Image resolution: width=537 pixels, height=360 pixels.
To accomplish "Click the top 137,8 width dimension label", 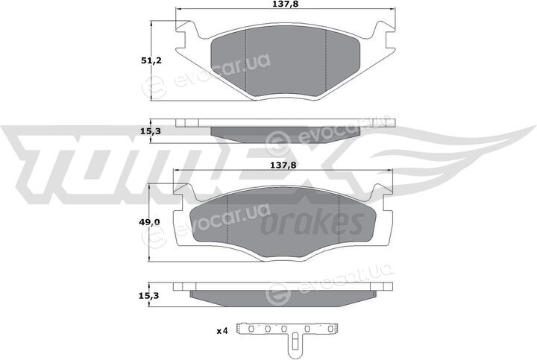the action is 283,4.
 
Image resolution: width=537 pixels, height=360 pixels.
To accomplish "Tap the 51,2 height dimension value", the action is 151,61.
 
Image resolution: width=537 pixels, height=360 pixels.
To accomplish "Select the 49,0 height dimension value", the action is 149,222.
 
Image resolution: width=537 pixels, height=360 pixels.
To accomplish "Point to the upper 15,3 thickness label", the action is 151,131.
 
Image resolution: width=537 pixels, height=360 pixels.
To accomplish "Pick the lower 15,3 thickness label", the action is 149,295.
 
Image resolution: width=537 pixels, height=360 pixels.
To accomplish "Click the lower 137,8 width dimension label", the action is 283,165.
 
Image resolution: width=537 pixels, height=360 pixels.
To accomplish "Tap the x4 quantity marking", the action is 222,331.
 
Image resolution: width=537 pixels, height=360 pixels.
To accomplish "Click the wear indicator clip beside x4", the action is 288,338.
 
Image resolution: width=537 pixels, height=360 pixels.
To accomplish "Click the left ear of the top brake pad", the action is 187,34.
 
